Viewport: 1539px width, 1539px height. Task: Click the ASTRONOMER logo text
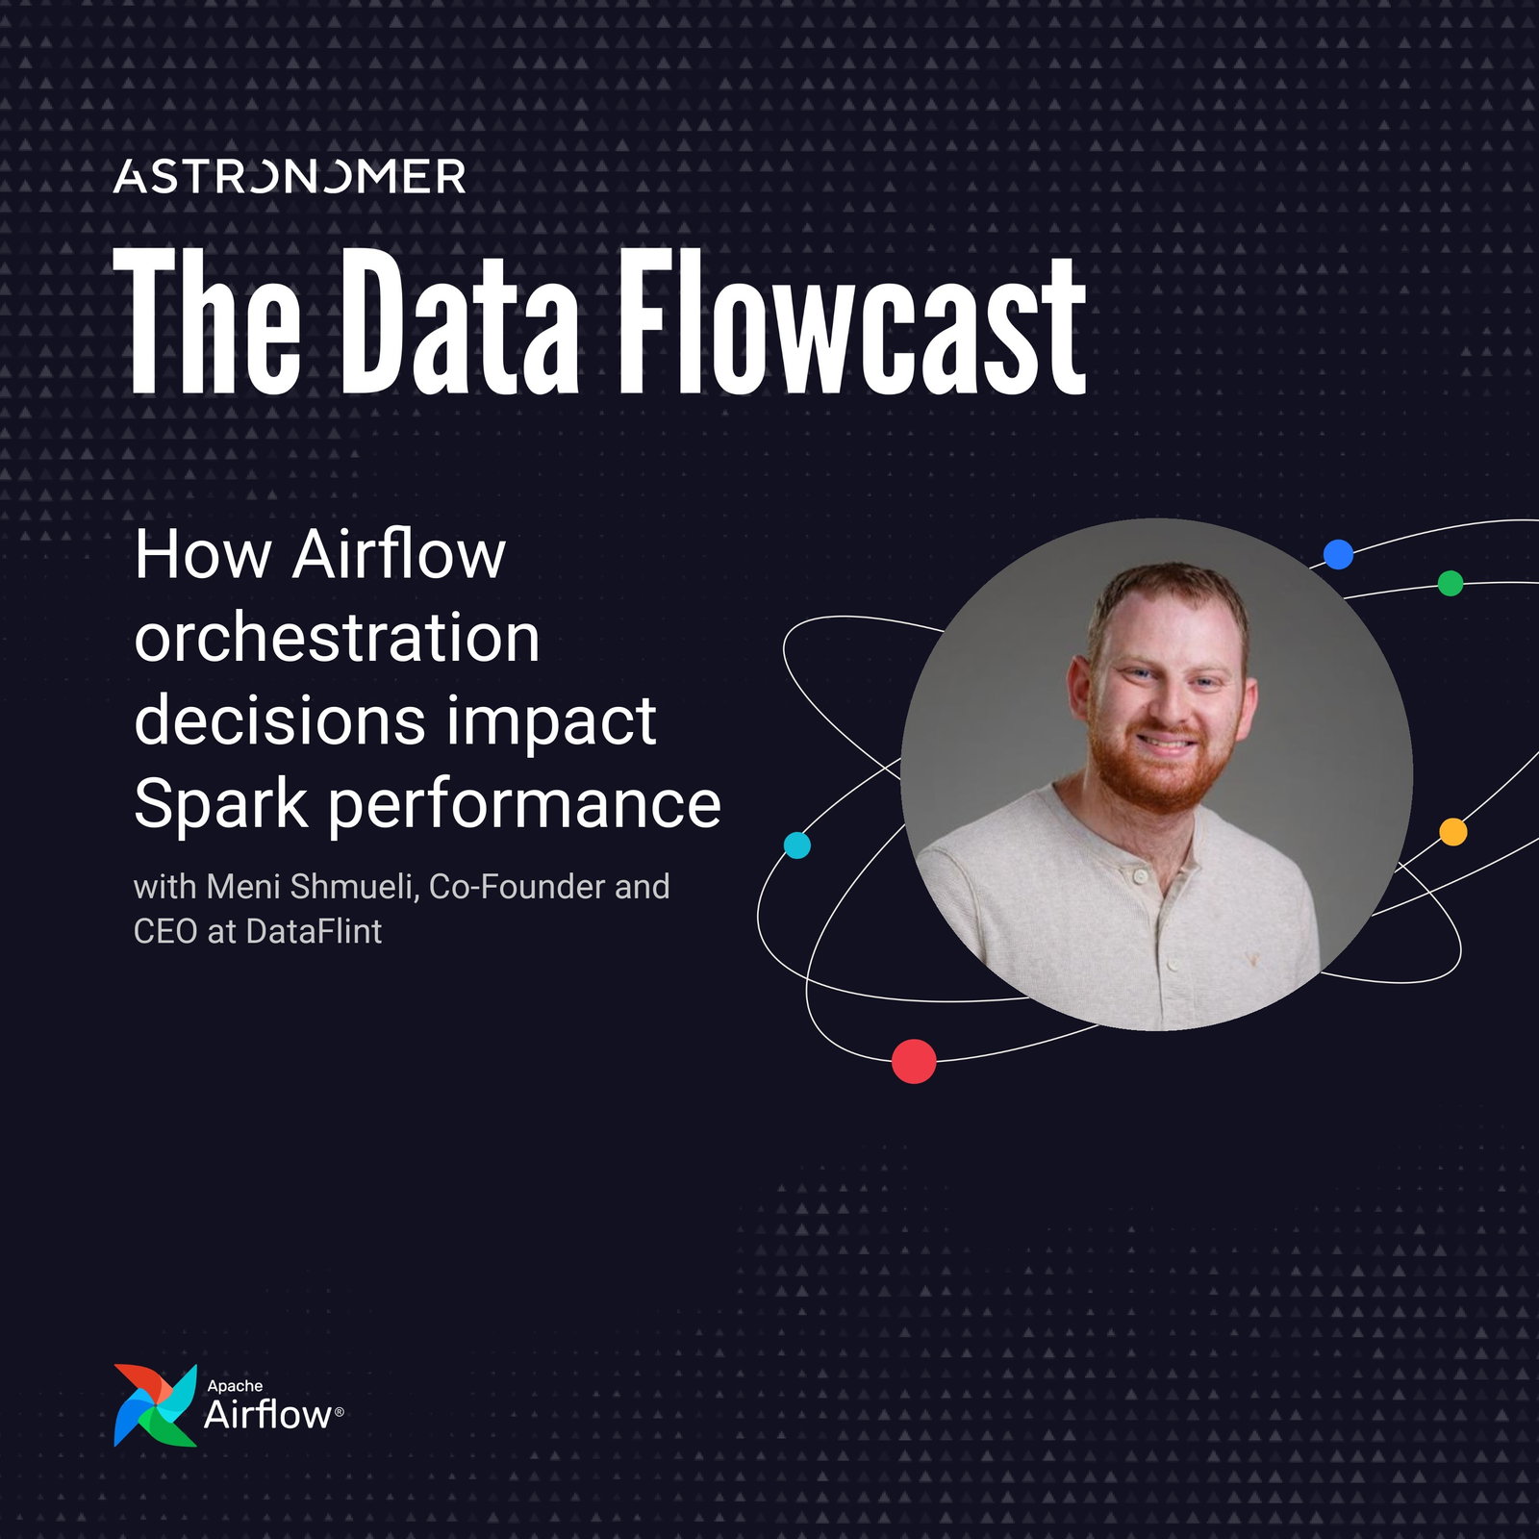coord(290,177)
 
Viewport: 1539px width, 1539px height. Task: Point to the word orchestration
coord(337,638)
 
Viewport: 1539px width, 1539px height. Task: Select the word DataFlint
coord(314,931)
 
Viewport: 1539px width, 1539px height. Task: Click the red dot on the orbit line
coord(914,1061)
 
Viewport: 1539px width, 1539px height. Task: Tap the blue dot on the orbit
coord(1338,554)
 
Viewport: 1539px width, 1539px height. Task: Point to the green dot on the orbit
coord(1450,583)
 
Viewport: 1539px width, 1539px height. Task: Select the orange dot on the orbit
coord(1452,832)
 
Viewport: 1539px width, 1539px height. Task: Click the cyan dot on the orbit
coord(797,845)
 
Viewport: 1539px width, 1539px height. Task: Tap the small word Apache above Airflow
coord(235,1386)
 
